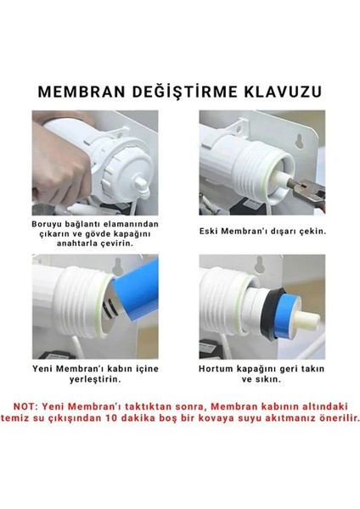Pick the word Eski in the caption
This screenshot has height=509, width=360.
coord(217,230)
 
